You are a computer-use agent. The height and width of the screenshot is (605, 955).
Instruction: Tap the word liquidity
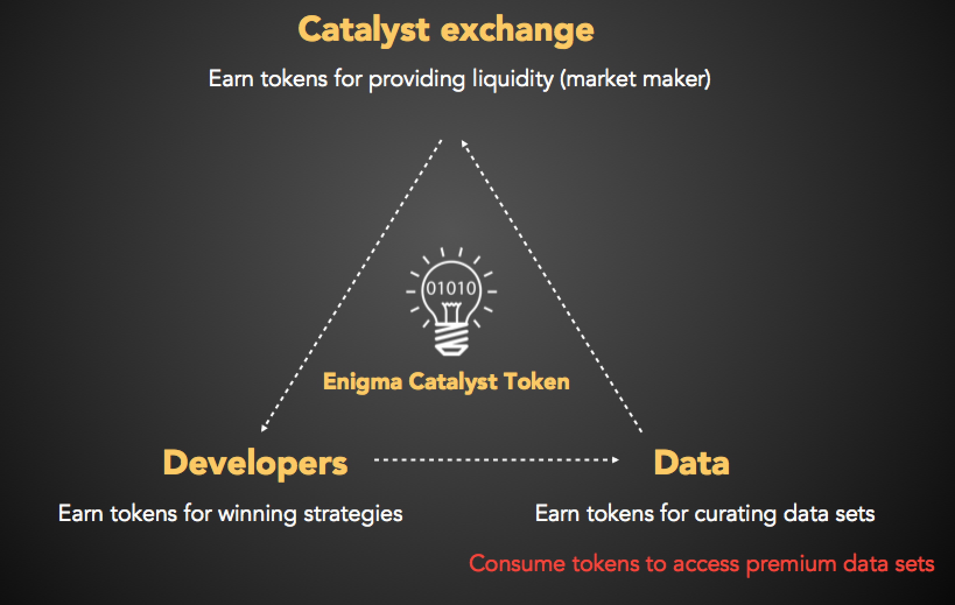(513, 80)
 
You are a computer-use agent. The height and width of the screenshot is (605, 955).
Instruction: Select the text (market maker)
(636, 79)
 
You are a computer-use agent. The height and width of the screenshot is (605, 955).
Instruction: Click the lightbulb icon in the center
(451, 301)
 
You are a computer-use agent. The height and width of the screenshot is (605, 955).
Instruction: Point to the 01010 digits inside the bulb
(451, 289)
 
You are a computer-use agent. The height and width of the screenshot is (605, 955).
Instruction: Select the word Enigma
(363, 382)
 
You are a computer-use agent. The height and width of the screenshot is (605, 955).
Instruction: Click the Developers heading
(255, 464)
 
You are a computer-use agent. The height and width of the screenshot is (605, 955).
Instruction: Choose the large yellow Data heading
(691, 463)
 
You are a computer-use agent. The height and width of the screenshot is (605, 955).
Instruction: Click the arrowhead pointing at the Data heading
(615, 460)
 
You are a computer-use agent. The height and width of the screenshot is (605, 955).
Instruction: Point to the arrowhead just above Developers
(264, 428)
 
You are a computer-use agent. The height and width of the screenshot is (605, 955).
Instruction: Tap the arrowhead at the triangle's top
(465, 144)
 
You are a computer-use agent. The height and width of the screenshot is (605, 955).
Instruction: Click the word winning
(257, 514)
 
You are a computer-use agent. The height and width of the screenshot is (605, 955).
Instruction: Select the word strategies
(353, 514)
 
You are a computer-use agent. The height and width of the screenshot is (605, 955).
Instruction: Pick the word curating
(735, 514)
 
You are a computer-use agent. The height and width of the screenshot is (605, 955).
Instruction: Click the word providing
(416, 80)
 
